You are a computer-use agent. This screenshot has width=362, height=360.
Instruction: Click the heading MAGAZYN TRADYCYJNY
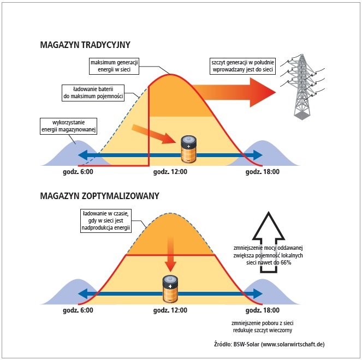click(x=85, y=45)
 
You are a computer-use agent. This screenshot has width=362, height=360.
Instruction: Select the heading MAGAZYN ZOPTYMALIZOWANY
click(x=100, y=196)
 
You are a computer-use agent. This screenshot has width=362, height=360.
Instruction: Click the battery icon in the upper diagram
click(x=188, y=149)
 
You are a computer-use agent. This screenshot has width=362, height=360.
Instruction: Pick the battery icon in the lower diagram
click(x=170, y=289)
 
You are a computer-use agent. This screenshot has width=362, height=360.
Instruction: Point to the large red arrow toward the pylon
click(x=234, y=93)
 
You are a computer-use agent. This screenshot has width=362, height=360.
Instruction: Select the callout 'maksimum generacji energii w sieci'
click(x=114, y=66)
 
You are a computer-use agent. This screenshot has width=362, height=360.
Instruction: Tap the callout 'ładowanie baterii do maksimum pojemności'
click(x=93, y=93)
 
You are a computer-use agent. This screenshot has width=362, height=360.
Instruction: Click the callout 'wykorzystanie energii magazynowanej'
click(x=69, y=126)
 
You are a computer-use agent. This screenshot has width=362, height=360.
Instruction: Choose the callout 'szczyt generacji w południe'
click(x=242, y=66)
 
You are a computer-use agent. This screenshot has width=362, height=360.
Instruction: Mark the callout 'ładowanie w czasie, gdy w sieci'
click(x=106, y=221)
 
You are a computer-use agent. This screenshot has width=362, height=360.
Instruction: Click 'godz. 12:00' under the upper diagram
click(x=170, y=172)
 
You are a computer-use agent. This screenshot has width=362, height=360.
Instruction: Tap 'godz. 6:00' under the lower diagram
click(x=78, y=310)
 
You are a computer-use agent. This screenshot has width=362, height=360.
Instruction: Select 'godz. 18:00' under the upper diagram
click(x=263, y=172)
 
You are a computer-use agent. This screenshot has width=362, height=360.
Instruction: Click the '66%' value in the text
click(x=286, y=262)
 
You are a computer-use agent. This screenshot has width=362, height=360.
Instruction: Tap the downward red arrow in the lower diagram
click(x=170, y=254)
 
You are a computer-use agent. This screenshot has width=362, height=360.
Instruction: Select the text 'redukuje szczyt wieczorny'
click(x=263, y=330)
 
